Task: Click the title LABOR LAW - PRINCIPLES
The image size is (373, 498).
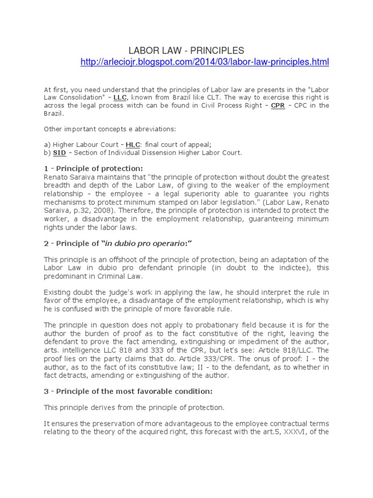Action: [x=186, y=51]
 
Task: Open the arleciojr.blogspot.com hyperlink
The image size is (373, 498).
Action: [x=204, y=62]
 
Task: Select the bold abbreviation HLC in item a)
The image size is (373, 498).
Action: [x=132, y=144]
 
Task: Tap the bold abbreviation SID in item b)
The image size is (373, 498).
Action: [x=59, y=152]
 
